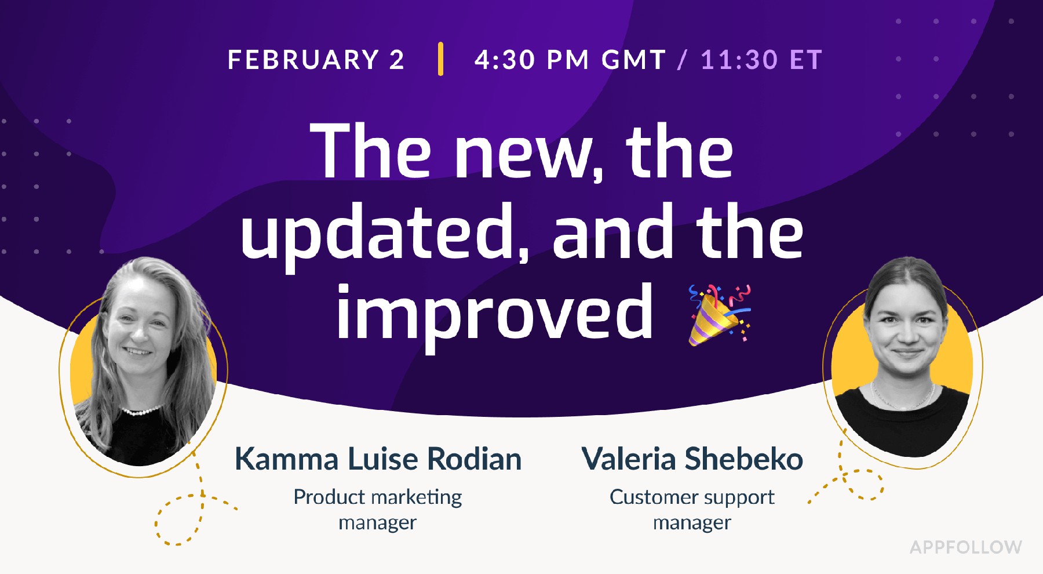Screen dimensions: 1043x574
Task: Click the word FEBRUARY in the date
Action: (x=304, y=60)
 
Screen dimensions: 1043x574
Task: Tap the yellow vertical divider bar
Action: (x=441, y=59)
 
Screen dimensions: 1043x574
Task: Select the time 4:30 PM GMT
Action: (x=570, y=60)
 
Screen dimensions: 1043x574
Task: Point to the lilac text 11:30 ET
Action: (x=761, y=60)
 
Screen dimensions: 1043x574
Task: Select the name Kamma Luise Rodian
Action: (x=378, y=459)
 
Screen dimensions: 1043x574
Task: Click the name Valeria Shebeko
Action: (x=692, y=459)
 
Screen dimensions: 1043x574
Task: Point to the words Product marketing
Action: (x=378, y=497)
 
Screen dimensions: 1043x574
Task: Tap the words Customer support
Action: (x=692, y=497)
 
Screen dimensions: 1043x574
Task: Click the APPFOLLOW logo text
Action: (x=965, y=547)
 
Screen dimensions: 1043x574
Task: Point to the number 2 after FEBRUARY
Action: (x=397, y=60)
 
